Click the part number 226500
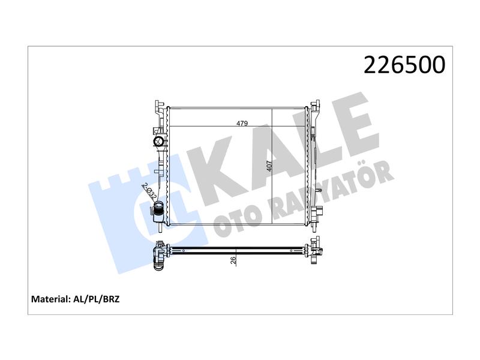coord(404,65)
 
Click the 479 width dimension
coord(242,124)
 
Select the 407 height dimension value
coord(269,166)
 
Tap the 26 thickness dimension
coord(233,260)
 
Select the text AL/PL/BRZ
coord(97,299)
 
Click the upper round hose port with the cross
coord(159,141)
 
